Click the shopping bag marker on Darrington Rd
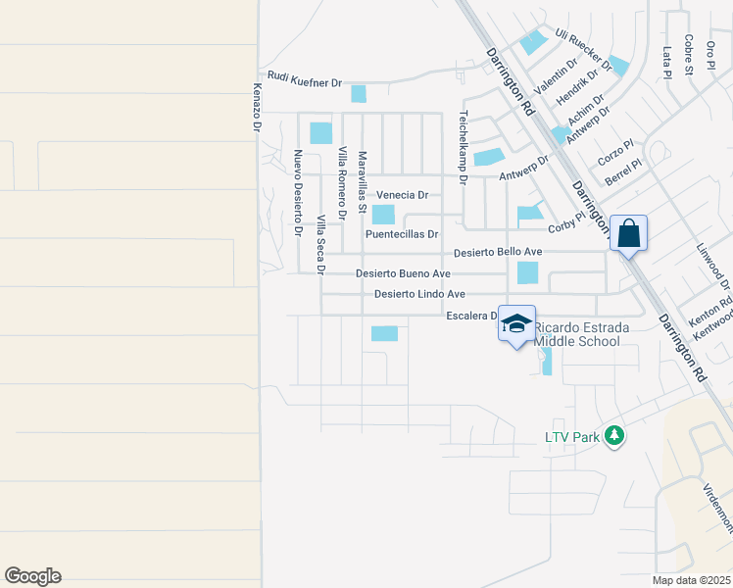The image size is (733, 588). pos(628,234)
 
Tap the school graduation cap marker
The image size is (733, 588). pos(516,325)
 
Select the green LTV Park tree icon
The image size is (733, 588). pos(614,435)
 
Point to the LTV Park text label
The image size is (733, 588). pos(571,437)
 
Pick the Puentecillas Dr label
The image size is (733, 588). pos(402,234)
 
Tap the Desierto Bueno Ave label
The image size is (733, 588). pos(403,273)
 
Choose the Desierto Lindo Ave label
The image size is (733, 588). pos(419,294)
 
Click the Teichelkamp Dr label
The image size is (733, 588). pos(464,146)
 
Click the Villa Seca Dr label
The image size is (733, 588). pos(320,243)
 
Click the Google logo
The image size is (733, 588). pos(32,576)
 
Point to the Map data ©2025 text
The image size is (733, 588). pos(692,580)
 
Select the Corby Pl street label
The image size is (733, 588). pos(567,223)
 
